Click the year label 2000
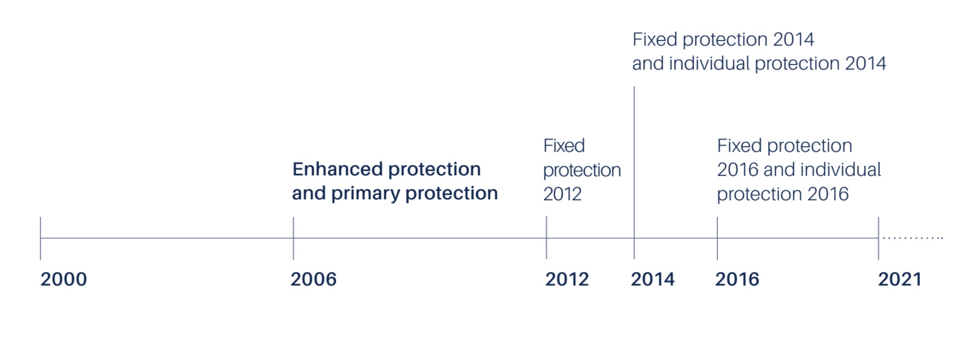[x=63, y=279]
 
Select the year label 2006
[x=313, y=279]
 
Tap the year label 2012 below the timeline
[x=567, y=279]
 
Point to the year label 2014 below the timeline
[x=652, y=279]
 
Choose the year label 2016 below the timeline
[x=737, y=279]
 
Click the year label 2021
[x=900, y=279]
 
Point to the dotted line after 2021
[x=912, y=238]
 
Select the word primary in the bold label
[x=366, y=194]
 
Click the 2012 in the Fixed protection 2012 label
[x=562, y=194]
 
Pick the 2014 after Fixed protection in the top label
[x=793, y=39]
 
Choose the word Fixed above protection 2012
[x=564, y=146]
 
